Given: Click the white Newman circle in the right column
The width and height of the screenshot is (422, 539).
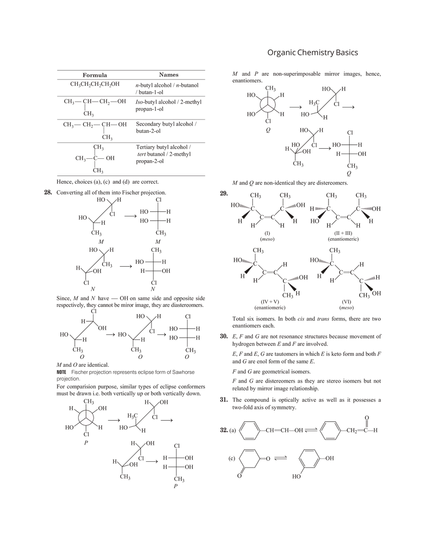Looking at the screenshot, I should click(268, 105).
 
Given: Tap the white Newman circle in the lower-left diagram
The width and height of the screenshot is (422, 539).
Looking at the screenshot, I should click(86, 417).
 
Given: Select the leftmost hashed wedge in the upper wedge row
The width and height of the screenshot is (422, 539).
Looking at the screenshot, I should click(245, 207).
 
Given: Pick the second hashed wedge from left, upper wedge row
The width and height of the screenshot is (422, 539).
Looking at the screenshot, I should click(290, 207).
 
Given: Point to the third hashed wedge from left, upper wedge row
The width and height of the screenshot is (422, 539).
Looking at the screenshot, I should click(320, 207).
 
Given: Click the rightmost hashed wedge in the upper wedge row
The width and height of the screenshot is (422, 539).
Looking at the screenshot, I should click(366, 208).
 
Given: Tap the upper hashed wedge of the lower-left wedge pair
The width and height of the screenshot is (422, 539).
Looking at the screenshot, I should click(246, 261).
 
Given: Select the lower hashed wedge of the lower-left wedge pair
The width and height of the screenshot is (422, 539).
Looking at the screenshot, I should click(293, 279).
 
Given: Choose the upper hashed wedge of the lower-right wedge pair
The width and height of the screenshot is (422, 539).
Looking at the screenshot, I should click(324, 261).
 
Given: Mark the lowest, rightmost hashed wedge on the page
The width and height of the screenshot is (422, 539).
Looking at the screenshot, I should click(370, 278).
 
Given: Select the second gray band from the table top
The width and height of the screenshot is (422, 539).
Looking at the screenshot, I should click(130, 80).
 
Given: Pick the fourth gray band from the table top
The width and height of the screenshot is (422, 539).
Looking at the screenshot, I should click(130, 117).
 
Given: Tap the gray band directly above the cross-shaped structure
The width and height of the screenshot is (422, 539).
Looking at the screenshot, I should click(130, 143).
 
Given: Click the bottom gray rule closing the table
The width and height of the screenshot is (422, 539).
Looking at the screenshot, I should click(130, 176).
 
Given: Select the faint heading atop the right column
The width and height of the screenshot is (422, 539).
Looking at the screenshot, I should click(313, 52).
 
